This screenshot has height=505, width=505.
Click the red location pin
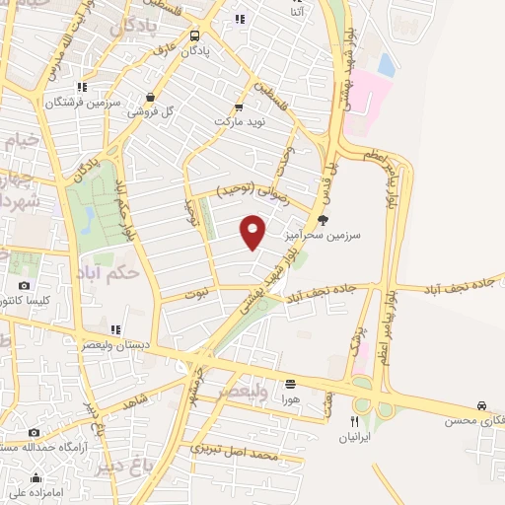click(x=253, y=233)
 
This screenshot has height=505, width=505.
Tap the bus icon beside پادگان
click(x=194, y=35)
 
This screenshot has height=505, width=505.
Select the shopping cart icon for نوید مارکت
click(x=239, y=108)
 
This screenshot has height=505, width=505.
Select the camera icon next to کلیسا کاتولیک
click(x=24, y=286)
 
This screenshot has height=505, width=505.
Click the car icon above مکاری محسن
click(x=481, y=405)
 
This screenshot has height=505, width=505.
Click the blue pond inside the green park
click(x=88, y=217)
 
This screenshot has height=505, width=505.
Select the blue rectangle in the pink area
click(x=386, y=65)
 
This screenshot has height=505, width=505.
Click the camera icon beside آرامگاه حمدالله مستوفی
click(x=35, y=433)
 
